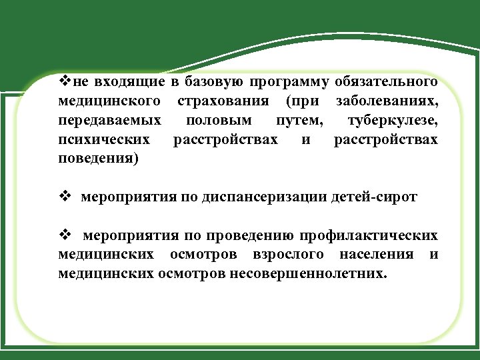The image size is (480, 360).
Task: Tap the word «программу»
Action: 289,83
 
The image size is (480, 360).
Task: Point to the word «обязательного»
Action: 387,83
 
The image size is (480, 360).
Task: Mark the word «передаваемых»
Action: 109,121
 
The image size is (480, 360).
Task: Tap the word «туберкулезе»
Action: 393,121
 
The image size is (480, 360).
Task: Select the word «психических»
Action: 105,140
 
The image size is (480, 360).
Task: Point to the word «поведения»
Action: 99,159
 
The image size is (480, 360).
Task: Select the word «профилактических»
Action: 369,235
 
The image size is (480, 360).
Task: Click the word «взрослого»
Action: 289,255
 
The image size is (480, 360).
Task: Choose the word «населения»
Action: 376,255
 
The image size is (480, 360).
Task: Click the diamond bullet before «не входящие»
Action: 65,82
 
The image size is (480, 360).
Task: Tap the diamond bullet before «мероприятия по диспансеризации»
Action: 65,197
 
